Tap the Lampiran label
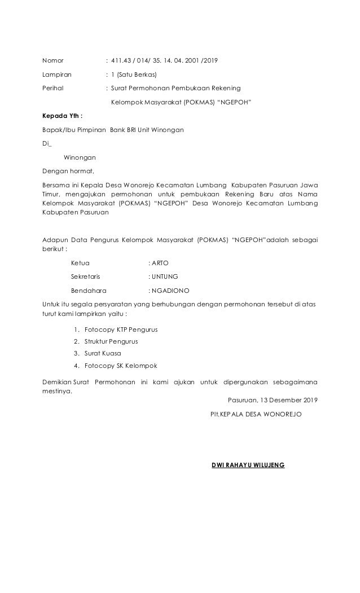(x=57, y=74)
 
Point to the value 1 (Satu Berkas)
(x=134, y=74)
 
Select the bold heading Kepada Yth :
(x=63, y=116)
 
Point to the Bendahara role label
(x=88, y=291)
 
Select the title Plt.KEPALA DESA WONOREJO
(x=255, y=414)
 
